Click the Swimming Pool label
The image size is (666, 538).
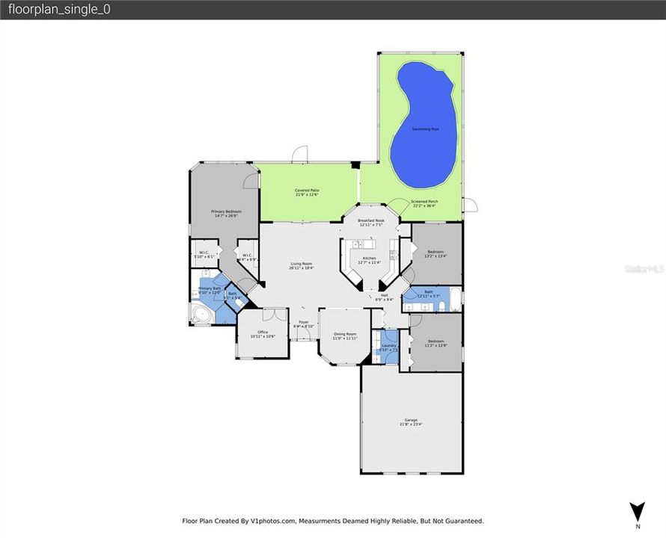(424, 129)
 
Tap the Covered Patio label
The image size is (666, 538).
(306, 191)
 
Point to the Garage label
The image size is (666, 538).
(412, 421)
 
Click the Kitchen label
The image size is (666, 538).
(370, 258)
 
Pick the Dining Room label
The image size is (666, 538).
(345, 334)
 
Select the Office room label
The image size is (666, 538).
(263, 332)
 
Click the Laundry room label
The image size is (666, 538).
(389, 345)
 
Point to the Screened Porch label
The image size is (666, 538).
(424, 202)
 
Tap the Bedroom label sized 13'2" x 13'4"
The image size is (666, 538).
(436, 252)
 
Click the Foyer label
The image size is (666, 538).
(304, 322)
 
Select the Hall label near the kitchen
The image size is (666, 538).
(384, 295)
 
